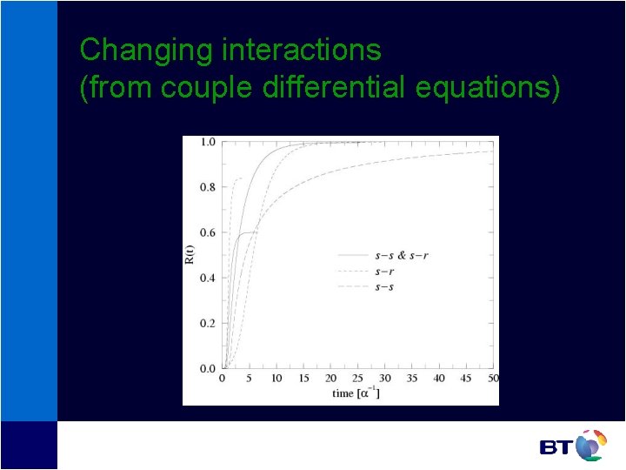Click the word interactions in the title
(x=302, y=50)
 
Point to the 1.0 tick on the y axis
(x=207, y=142)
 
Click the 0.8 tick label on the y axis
(x=207, y=187)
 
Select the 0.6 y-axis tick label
(x=207, y=232)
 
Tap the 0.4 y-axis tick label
(x=207, y=278)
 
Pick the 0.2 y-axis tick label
(x=207, y=323)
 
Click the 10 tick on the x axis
(x=276, y=379)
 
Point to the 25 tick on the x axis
(x=357, y=379)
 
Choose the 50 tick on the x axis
(x=493, y=379)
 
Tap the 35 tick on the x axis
(x=412, y=379)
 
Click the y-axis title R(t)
(x=190, y=255)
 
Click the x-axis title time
(x=343, y=393)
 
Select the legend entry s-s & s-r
(x=401, y=256)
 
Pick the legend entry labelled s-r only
(x=384, y=272)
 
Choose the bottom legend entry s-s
(x=384, y=287)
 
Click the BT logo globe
(x=590, y=446)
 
